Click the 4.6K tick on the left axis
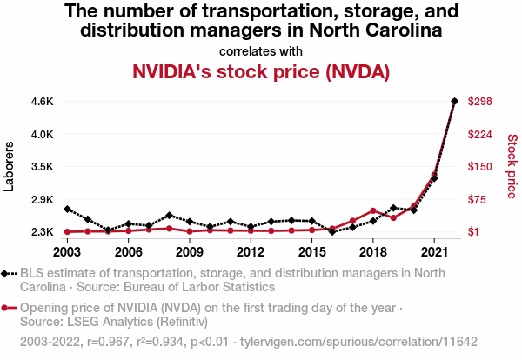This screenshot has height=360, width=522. tap(42, 102)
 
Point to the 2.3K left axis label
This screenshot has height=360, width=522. tap(42, 232)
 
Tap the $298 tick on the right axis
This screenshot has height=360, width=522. tap(481, 102)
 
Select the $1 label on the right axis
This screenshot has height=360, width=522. tap(475, 232)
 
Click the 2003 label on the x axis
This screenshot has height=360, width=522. tap(67, 252)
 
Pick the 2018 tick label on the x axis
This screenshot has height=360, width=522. tap(372, 252)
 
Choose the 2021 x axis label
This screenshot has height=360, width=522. tap(434, 252)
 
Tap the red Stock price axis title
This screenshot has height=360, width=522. tap(512, 165)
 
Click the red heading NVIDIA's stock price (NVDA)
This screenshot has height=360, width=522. tap(260, 71)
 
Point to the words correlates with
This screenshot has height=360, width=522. tap(260, 50)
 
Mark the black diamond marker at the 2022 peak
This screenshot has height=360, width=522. tap(454, 101)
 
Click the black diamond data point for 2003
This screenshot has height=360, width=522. tap(67, 209)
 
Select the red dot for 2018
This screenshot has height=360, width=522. tap(372, 211)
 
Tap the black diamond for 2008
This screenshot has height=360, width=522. tap(169, 215)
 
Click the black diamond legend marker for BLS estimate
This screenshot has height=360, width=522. tap(8, 273)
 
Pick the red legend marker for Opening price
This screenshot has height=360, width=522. tap(8, 308)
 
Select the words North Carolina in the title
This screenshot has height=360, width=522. tap(374, 30)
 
